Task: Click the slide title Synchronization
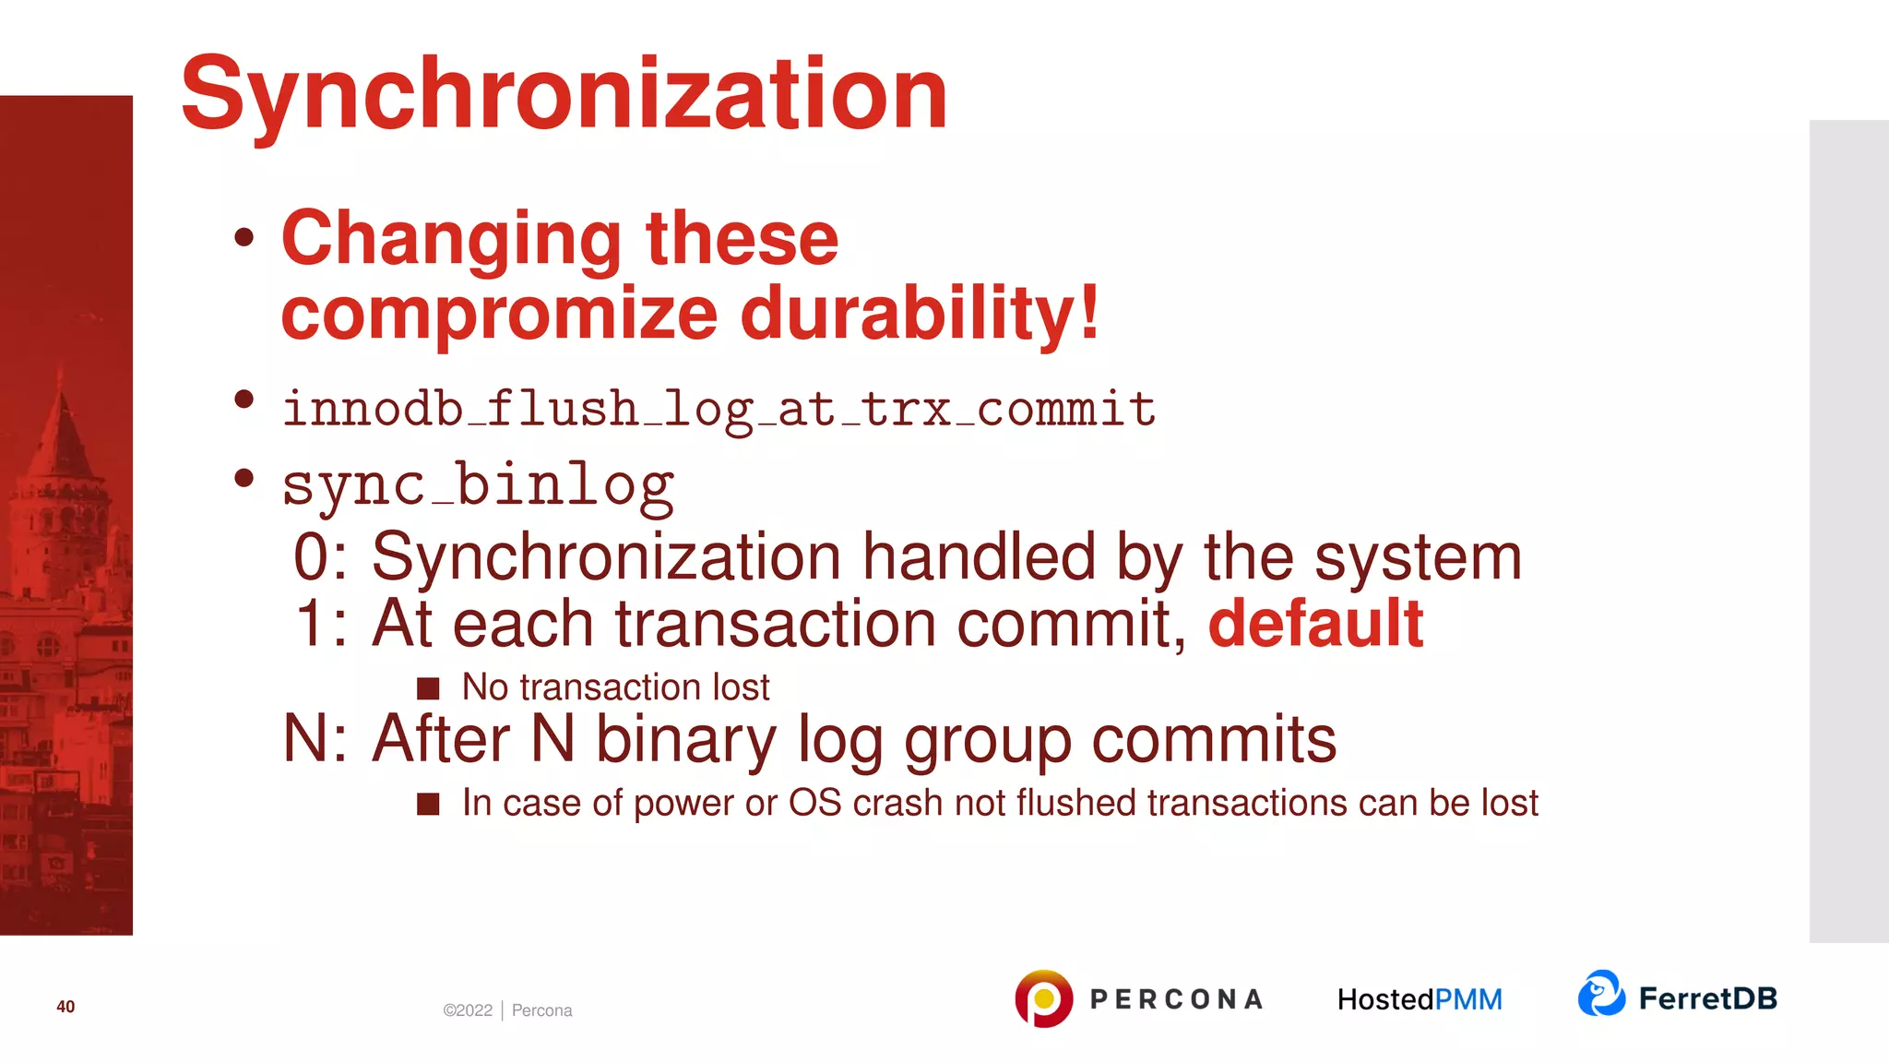[564, 94]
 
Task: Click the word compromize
[499, 314]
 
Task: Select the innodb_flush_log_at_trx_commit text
[719, 409]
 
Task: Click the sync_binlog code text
[478, 485]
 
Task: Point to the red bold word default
[1315, 624]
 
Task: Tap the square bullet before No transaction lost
[428, 688]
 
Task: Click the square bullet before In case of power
[428, 804]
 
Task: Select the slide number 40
[65, 1007]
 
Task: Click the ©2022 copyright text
[468, 1010]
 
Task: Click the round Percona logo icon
[1043, 998]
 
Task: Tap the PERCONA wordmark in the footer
[1176, 999]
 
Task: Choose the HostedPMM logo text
[1420, 999]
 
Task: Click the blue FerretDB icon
[1601, 994]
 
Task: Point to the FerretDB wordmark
[1707, 998]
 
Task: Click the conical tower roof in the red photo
[62, 434]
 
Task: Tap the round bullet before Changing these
[244, 237]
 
